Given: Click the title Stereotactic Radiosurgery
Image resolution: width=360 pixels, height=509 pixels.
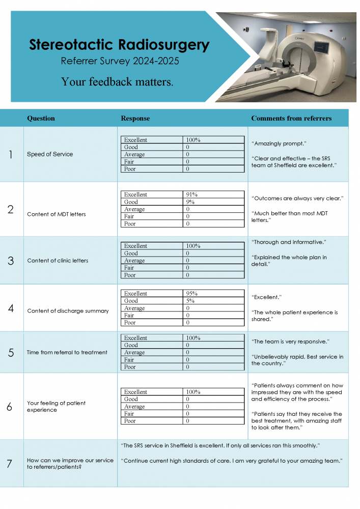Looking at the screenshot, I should tap(119, 45).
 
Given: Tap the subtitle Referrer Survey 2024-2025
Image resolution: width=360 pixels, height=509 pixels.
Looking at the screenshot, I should tap(120, 62).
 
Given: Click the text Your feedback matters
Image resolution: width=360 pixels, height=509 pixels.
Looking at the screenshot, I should tap(117, 81).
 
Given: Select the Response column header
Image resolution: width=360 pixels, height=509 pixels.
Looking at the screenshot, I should tap(135, 119).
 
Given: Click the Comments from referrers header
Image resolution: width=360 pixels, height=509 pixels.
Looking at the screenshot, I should tap(291, 119).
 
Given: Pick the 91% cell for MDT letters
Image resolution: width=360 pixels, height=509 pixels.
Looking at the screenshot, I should tap(192, 194).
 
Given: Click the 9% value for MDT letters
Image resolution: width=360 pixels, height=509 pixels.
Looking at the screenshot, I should tap(190, 202).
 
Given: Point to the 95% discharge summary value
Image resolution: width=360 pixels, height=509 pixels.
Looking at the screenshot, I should tap(192, 294).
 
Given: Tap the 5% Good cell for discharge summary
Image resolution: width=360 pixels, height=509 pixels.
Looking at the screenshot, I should tap(190, 301).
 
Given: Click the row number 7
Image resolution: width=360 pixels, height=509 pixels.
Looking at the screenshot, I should tap(10, 464).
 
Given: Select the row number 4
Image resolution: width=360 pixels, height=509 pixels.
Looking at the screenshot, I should tap(11, 308).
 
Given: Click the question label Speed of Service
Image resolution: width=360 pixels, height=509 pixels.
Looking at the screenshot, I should tap(50, 154).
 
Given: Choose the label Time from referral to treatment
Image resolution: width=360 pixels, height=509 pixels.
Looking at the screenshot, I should tap(67, 352).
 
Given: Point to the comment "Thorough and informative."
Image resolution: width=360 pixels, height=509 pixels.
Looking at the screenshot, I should tap(289, 242).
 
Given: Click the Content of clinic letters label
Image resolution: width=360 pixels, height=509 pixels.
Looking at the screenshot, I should tap(58, 261).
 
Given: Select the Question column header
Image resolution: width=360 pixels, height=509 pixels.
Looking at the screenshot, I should tap(41, 119).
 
